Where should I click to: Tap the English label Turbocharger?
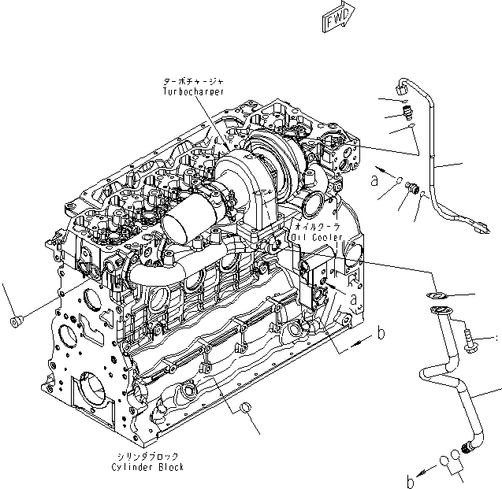click(x=193, y=91)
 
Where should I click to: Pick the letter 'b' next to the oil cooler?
click(x=381, y=334)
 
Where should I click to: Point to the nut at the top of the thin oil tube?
click(x=402, y=91)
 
